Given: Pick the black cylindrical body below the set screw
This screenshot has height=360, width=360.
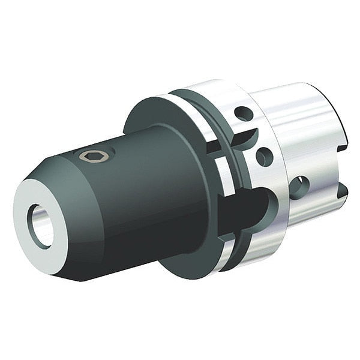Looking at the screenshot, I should pos(138,204).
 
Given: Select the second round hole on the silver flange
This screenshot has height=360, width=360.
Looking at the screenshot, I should pos(264,157).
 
